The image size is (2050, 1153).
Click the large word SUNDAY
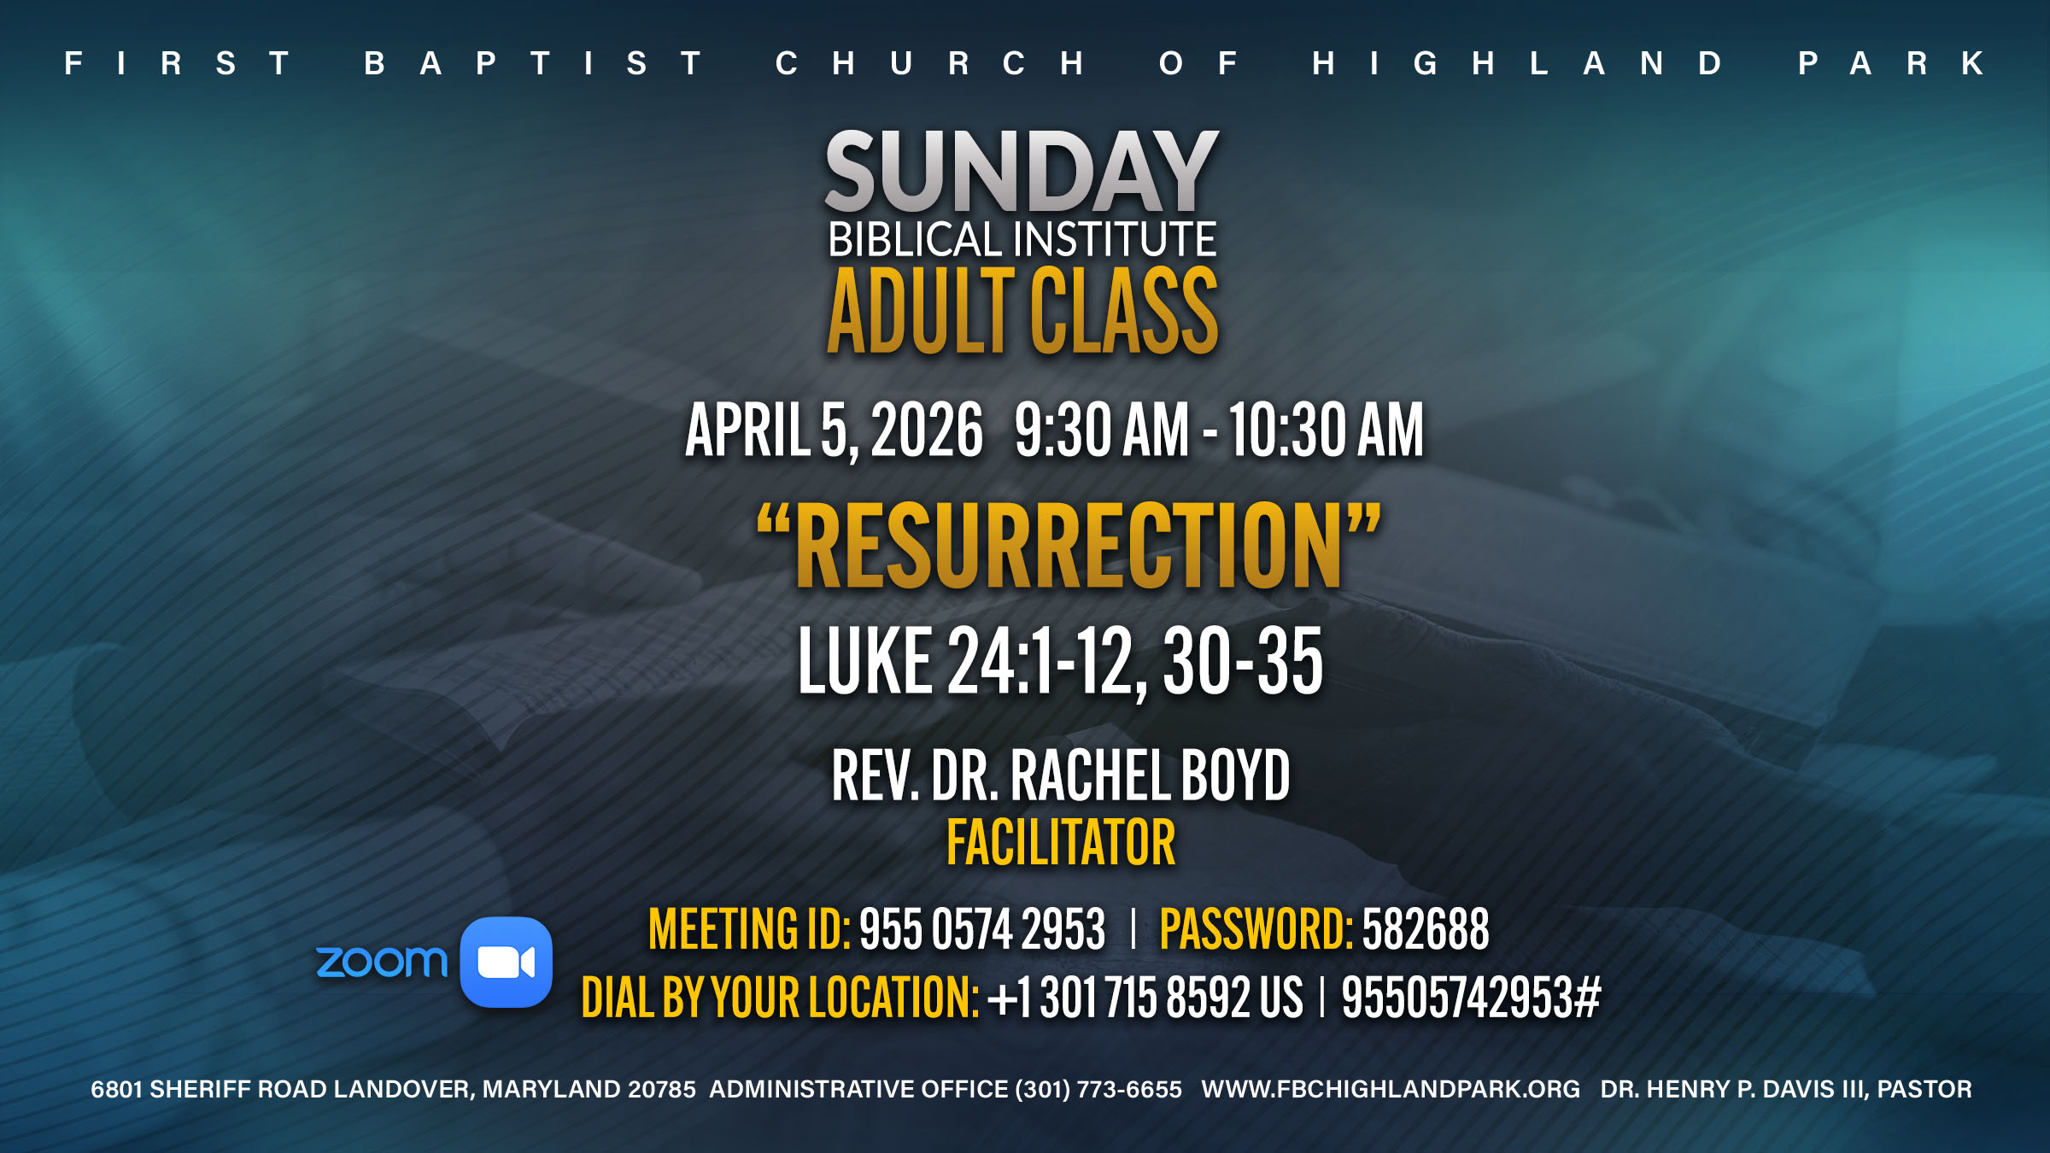click(x=1022, y=172)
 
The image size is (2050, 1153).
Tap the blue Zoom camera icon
click(x=507, y=963)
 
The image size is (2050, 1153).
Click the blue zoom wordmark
click(x=382, y=963)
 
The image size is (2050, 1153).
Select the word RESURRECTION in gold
click(x=1069, y=546)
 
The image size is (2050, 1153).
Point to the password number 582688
click(x=1426, y=929)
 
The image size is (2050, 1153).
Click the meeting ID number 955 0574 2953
click(x=982, y=929)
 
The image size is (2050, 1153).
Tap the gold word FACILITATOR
click(x=1061, y=843)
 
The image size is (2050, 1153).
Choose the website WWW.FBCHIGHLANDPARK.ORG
click(x=1391, y=1089)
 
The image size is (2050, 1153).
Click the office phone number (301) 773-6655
click(x=1098, y=1089)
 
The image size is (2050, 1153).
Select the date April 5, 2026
click(x=835, y=430)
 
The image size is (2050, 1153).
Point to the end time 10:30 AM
click(x=1327, y=430)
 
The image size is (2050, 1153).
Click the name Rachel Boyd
click(x=1151, y=775)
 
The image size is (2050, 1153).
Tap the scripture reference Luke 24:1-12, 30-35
click(x=1060, y=660)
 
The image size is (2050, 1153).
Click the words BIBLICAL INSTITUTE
click(x=1022, y=239)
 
